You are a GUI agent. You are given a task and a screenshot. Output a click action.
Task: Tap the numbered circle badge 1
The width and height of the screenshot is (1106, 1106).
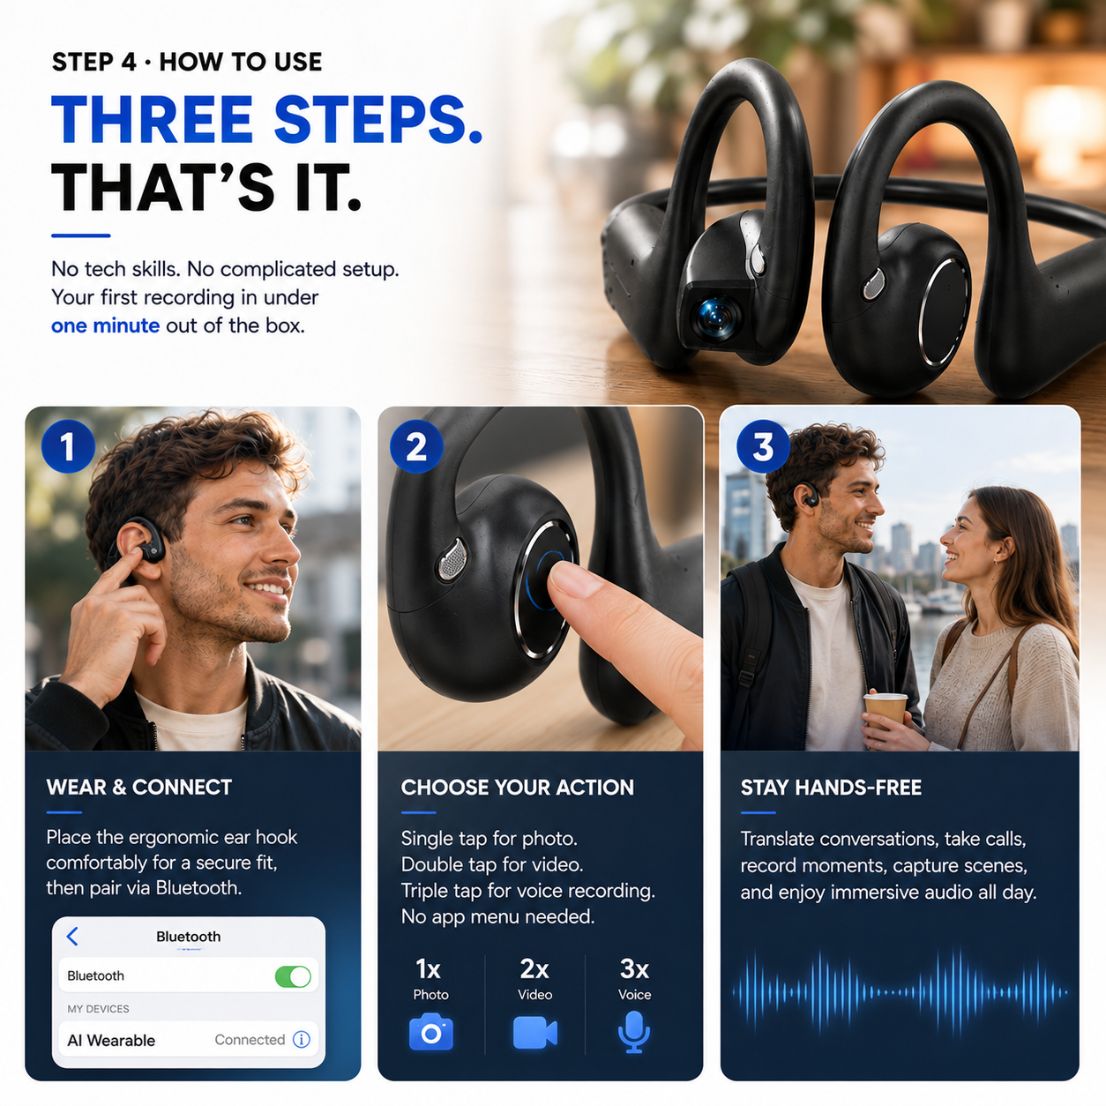click(68, 446)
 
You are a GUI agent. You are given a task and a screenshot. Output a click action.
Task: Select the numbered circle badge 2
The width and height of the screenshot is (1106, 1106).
click(416, 446)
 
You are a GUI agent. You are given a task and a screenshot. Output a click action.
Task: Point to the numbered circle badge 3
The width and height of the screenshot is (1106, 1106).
click(763, 446)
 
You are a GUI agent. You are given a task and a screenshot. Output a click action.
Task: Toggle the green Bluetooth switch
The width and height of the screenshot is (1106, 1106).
click(293, 976)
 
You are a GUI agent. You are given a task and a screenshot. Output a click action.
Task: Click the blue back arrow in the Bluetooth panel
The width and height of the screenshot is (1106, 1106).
click(72, 936)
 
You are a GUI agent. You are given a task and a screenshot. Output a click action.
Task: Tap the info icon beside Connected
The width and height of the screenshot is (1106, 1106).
click(302, 1040)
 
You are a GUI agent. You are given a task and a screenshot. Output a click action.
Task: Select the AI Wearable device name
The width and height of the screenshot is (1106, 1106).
click(111, 1041)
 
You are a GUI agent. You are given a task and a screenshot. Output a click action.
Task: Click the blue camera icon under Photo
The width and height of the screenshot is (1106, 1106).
click(431, 1033)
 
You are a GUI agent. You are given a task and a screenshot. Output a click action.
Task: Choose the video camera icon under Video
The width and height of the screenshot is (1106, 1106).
click(535, 1033)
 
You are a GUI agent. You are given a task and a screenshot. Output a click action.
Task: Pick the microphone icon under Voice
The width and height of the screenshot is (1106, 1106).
click(634, 1033)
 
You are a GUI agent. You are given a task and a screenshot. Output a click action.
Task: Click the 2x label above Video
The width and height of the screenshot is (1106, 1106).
click(534, 969)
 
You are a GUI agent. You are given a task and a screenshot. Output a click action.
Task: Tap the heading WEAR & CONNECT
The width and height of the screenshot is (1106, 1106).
click(138, 787)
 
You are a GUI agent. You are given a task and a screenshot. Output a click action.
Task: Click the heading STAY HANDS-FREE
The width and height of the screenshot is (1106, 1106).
click(831, 788)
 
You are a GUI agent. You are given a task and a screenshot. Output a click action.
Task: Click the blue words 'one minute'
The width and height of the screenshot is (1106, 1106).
click(105, 326)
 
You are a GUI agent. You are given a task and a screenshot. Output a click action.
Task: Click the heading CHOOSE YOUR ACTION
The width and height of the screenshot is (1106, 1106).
click(518, 788)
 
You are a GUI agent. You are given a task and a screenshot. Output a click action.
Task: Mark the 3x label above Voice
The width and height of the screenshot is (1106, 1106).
click(634, 969)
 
